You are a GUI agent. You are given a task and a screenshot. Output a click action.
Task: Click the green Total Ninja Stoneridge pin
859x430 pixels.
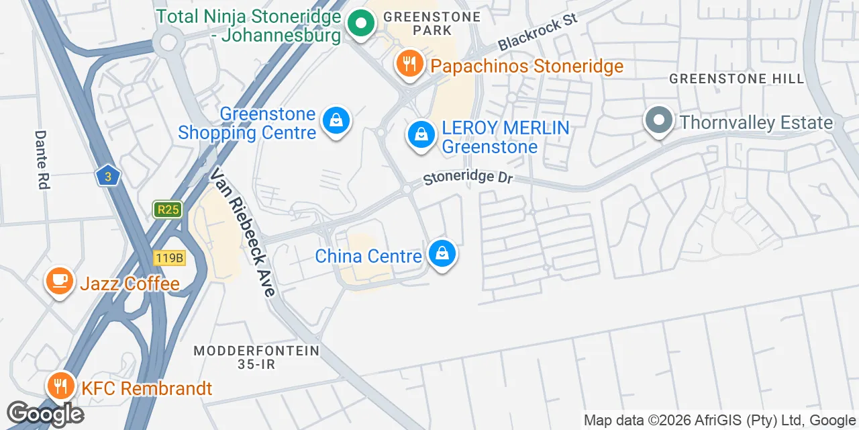(361, 24)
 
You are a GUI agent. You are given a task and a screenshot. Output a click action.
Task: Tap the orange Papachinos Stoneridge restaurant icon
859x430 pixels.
(409, 64)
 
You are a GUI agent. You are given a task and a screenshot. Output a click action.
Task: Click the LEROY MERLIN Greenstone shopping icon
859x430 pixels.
(421, 134)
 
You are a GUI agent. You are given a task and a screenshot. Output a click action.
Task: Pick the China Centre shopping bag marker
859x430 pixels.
(442, 254)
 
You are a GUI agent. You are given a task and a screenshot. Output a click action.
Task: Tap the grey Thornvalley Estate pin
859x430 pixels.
(659, 121)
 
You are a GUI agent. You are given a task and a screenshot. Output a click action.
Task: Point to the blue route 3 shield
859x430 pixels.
(107, 177)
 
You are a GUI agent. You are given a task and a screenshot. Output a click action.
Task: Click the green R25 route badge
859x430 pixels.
(166, 210)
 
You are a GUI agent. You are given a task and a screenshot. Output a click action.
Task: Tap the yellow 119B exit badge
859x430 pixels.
(168, 257)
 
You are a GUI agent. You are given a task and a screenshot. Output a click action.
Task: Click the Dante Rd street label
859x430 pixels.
(42, 159)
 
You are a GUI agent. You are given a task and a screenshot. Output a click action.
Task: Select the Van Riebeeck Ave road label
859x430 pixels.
(242, 232)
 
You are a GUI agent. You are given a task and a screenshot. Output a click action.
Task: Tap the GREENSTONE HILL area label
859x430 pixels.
(736, 79)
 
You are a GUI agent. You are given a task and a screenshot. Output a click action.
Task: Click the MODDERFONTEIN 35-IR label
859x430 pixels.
(256, 357)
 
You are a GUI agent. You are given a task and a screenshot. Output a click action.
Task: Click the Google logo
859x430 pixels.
(44, 414)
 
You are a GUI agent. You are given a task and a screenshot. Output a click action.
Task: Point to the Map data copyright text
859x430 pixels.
(719, 421)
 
